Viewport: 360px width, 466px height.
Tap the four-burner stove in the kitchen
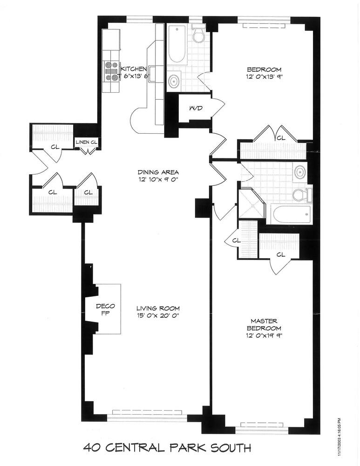tap(111, 71)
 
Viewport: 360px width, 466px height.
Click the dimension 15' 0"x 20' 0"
tap(158, 316)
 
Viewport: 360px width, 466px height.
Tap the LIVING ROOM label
tap(158, 308)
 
